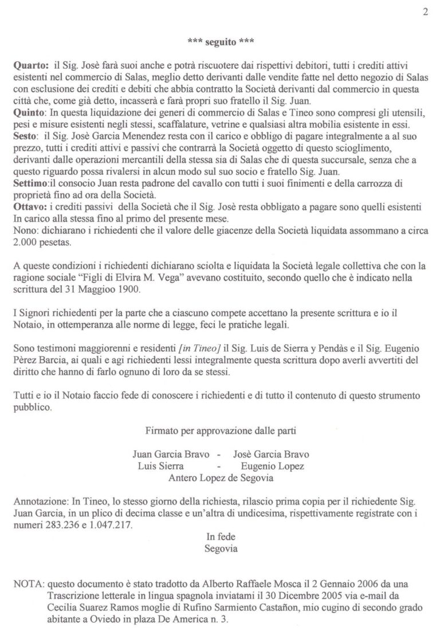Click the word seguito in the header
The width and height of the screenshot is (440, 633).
(x=219, y=42)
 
